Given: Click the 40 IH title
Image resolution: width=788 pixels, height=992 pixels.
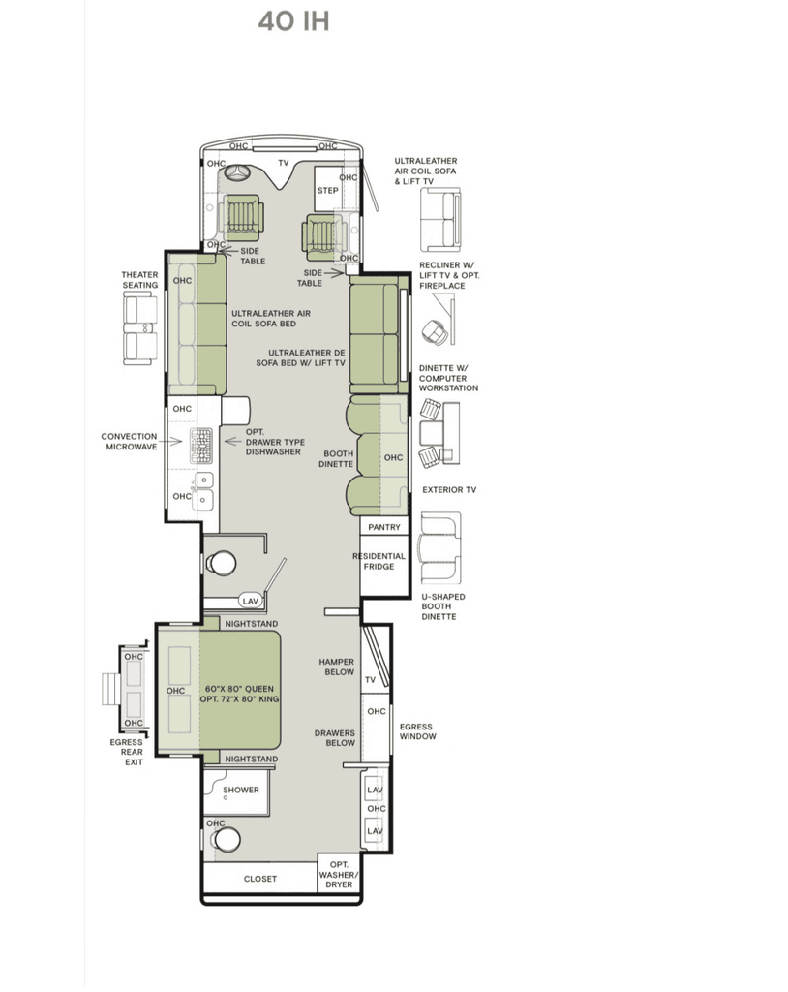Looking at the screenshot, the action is pyautogui.click(x=294, y=21).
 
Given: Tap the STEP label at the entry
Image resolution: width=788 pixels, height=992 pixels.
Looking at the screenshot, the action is pyautogui.click(x=327, y=191).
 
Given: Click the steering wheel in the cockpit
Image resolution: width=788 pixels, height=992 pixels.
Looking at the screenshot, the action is pyautogui.click(x=239, y=173).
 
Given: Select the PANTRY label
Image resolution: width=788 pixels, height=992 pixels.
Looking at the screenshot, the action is pyautogui.click(x=384, y=527).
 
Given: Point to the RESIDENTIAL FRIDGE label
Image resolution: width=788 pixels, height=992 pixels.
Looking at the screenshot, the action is pyautogui.click(x=379, y=561).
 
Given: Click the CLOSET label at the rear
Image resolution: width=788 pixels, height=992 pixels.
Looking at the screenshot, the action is pyautogui.click(x=260, y=879).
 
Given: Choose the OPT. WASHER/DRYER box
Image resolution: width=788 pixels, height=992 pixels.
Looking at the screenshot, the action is pyautogui.click(x=339, y=875).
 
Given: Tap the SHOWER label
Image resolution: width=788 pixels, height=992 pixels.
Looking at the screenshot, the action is pyautogui.click(x=240, y=790).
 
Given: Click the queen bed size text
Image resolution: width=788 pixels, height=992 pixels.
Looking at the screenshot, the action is pyautogui.click(x=240, y=694).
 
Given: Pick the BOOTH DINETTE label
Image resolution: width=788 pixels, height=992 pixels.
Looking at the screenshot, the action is pyautogui.click(x=337, y=458).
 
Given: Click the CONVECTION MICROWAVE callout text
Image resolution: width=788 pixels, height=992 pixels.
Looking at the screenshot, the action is pyautogui.click(x=130, y=442).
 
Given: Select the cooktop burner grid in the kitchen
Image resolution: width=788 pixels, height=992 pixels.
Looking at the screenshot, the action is pyautogui.click(x=201, y=446).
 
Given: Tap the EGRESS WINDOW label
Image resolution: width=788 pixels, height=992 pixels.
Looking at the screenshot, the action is pyautogui.click(x=417, y=731).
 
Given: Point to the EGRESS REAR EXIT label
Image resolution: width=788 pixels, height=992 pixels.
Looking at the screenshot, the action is pyautogui.click(x=131, y=752).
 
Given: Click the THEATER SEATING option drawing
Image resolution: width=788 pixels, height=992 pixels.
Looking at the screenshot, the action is pyautogui.click(x=139, y=330).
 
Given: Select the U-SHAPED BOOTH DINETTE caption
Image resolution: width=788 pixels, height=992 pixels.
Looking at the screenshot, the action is pyautogui.click(x=442, y=606).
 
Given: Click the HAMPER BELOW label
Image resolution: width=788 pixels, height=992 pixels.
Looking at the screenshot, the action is pyautogui.click(x=337, y=666).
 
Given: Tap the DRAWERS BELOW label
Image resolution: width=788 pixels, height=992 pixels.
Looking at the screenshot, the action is pyautogui.click(x=335, y=737).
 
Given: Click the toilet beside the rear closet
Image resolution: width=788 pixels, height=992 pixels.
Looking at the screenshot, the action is pyautogui.click(x=226, y=840).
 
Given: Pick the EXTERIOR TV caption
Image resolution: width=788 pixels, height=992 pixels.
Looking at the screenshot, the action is pyautogui.click(x=449, y=489).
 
